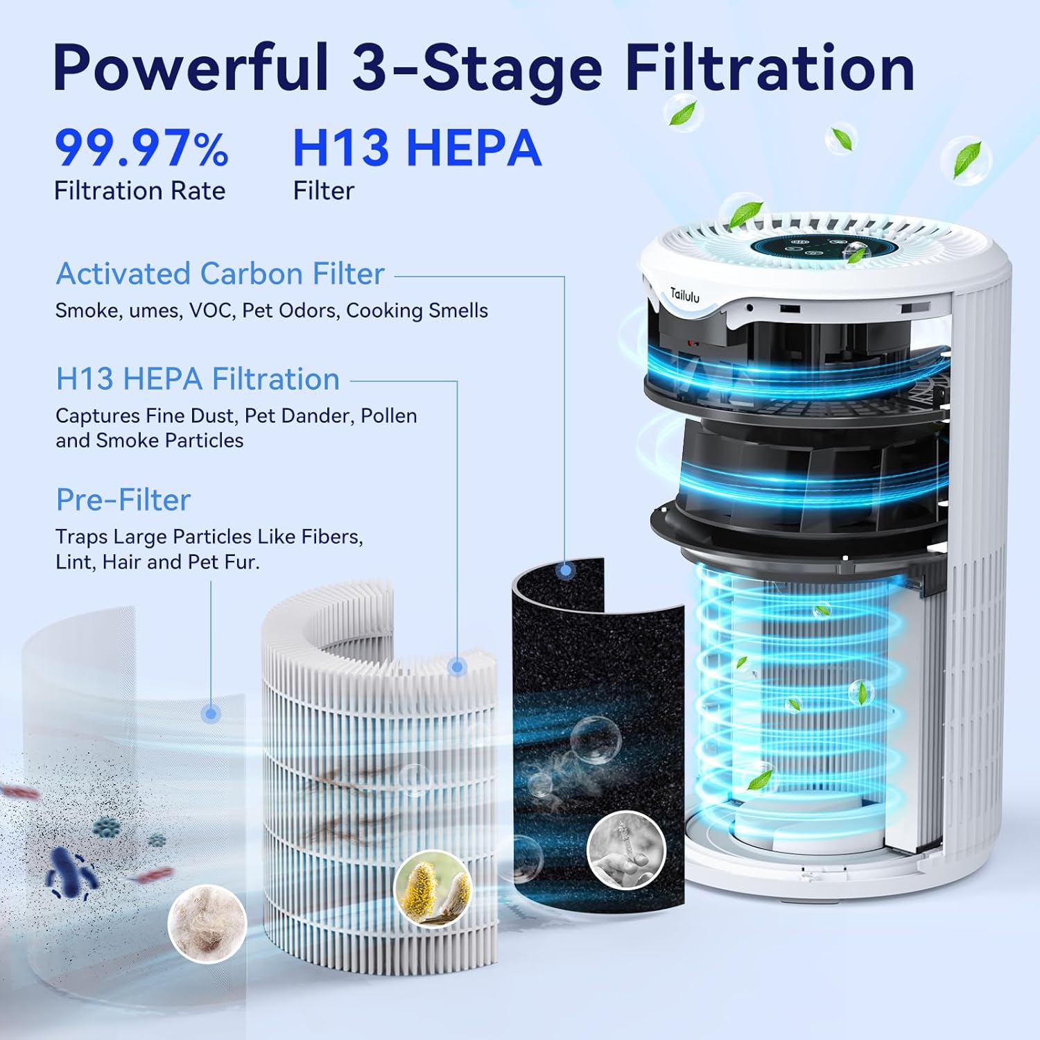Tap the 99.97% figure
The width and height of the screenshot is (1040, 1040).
click(x=141, y=148)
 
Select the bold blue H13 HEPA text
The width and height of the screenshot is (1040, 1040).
click(x=417, y=148)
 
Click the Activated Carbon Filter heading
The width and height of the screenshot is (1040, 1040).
click(x=220, y=274)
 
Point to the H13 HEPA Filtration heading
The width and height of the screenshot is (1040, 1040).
click(x=198, y=379)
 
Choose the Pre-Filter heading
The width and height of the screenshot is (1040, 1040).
click(x=123, y=500)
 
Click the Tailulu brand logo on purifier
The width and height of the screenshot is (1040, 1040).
click(x=684, y=295)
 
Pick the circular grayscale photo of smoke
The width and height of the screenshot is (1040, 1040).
click(x=626, y=850)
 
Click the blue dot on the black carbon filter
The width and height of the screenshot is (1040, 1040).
click(x=566, y=571)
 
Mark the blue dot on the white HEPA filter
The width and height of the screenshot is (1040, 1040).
click(x=456, y=667)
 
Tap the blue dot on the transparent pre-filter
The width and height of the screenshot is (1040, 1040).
click(x=211, y=713)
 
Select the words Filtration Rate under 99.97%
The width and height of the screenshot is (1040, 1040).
click(x=139, y=191)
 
